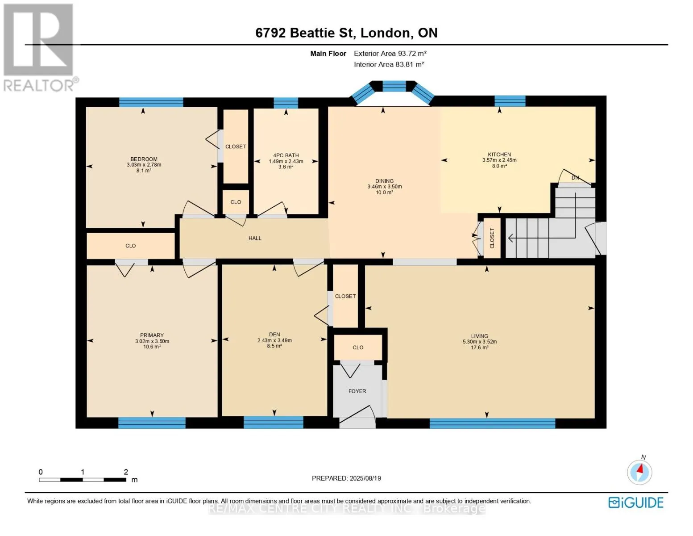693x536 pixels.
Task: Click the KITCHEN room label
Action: coord(499,154)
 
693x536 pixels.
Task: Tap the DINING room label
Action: coord(384,181)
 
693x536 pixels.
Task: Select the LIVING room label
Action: coord(479,336)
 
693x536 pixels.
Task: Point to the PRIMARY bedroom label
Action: coord(152,335)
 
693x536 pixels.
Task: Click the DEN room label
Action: coord(274,334)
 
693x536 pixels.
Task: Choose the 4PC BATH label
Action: coord(286,155)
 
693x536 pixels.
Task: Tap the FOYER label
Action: coord(357,391)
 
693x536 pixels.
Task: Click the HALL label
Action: coord(255,238)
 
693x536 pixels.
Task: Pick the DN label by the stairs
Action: coord(575,178)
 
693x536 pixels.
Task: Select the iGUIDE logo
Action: coord(635,502)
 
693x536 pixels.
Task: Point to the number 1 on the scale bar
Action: coord(82,472)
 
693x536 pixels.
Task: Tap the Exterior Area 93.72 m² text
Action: coord(390,53)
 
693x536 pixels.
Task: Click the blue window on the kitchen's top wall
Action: coord(510,101)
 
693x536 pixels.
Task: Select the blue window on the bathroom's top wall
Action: coord(286,103)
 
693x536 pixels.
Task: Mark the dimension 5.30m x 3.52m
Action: coord(479,342)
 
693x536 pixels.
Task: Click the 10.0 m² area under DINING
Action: coord(384,192)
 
